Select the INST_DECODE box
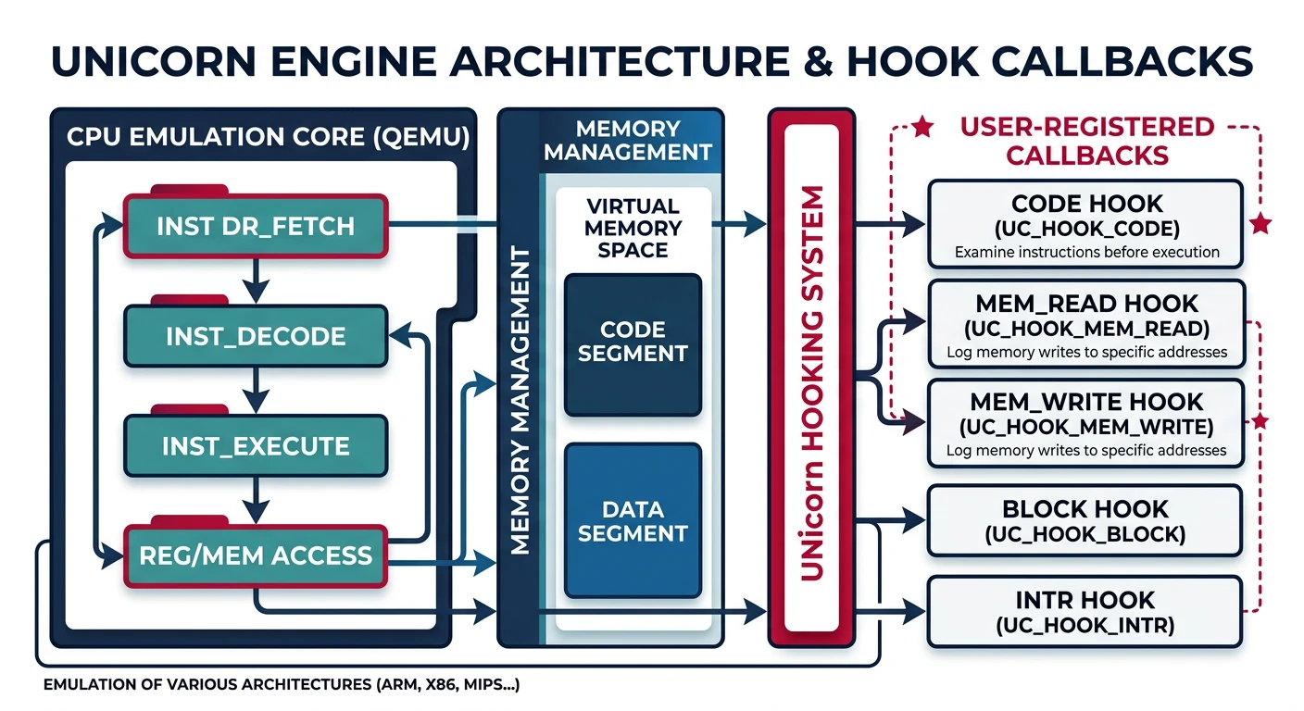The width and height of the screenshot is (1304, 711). click(x=256, y=336)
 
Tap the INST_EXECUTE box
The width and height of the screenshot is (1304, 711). click(x=256, y=446)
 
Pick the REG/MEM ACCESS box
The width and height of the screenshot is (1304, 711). click(x=256, y=555)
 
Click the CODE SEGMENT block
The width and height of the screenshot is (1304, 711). click(x=633, y=343)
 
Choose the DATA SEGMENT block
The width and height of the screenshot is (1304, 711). click(x=633, y=521)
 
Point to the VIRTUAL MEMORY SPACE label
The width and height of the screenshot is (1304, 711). click(x=633, y=228)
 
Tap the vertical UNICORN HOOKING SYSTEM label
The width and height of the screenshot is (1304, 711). click(x=811, y=383)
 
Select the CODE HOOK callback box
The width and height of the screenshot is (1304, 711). click(x=1085, y=225)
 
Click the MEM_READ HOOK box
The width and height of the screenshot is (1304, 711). click(x=1085, y=325)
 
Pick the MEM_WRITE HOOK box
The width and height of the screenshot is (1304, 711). click(x=1085, y=424)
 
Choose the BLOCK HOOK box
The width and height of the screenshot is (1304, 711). click(x=1085, y=520)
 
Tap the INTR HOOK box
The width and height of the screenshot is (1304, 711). click(x=1085, y=611)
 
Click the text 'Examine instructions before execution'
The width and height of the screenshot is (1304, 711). click(x=1086, y=252)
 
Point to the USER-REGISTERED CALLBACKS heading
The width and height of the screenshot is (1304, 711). click(x=1087, y=141)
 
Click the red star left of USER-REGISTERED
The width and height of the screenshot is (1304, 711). click(x=922, y=128)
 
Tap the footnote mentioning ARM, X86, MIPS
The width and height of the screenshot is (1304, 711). click(x=282, y=686)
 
